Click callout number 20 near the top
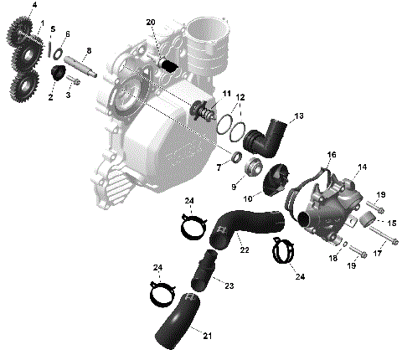tap(150, 22)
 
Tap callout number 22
tap(243, 249)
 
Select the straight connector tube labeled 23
tap(205, 269)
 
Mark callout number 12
tap(241, 99)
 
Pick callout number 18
tap(334, 260)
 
